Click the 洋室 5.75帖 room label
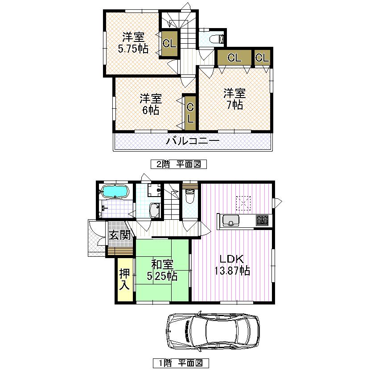tap(133, 43)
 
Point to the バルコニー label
tap(193, 142)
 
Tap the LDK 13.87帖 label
tap(231, 265)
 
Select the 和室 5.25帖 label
tap(162, 271)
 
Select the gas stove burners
tap(262, 220)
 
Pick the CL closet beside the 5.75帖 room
tap(169, 44)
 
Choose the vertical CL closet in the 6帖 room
tap(190, 112)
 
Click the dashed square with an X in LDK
tap(244, 204)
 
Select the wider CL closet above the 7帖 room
tap(234, 58)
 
